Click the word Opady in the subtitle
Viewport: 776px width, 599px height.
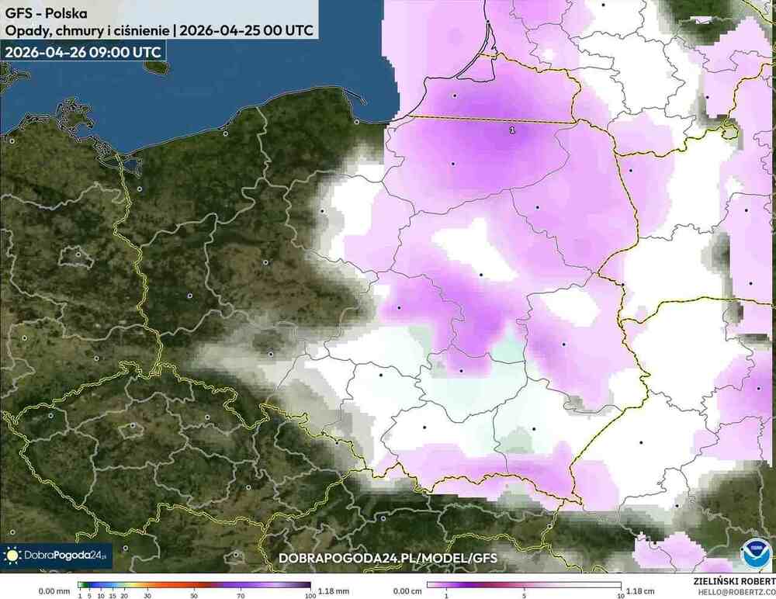pyautogui.click(x=24, y=31)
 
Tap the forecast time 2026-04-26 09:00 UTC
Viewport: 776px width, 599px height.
pyautogui.click(x=83, y=52)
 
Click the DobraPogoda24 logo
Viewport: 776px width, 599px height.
pyautogui.click(x=57, y=556)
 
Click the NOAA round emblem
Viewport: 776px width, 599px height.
pyautogui.click(x=753, y=555)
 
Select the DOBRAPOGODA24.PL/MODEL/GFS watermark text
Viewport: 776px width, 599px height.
pyautogui.click(x=387, y=558)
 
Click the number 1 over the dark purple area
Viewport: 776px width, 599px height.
pyautogui.click(x=512, y=130)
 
